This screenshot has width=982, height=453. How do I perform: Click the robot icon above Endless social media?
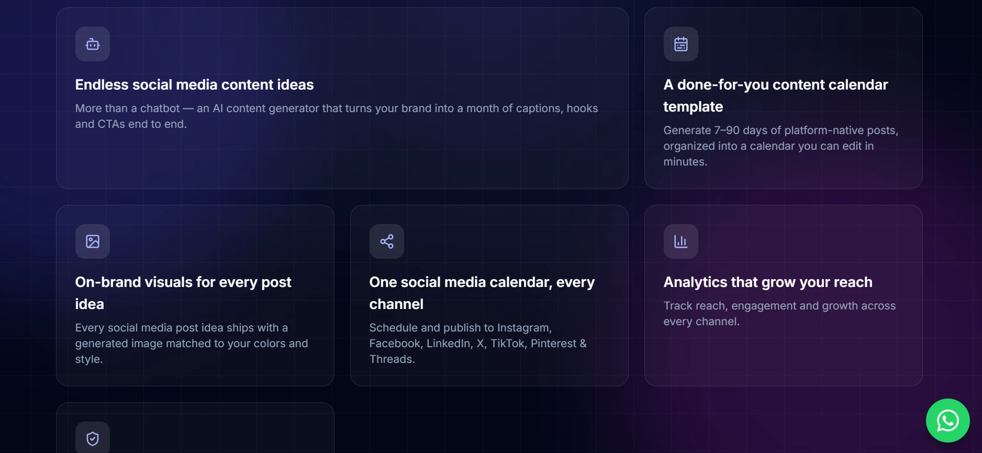click(93, 44)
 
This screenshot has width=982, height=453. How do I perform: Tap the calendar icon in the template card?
click(681, 44)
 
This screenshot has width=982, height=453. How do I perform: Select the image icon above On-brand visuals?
click(93, 241)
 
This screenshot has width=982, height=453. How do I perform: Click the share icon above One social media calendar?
click(387, 241)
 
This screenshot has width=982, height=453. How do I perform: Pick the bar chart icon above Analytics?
click(681, 241)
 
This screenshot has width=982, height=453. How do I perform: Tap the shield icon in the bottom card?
click(93, 439)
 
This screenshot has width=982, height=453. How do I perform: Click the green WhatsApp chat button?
click(948, 421)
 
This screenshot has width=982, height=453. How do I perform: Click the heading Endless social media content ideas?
click(194, 85)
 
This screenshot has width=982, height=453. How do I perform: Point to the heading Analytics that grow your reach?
click(768, 282)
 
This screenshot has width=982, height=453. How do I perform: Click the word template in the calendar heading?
click(693, 107)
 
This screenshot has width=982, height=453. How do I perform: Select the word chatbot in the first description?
click(160, 108)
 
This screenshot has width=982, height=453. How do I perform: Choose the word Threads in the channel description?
click(392, 359)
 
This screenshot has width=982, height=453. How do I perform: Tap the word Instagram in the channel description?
click(525, 328)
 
